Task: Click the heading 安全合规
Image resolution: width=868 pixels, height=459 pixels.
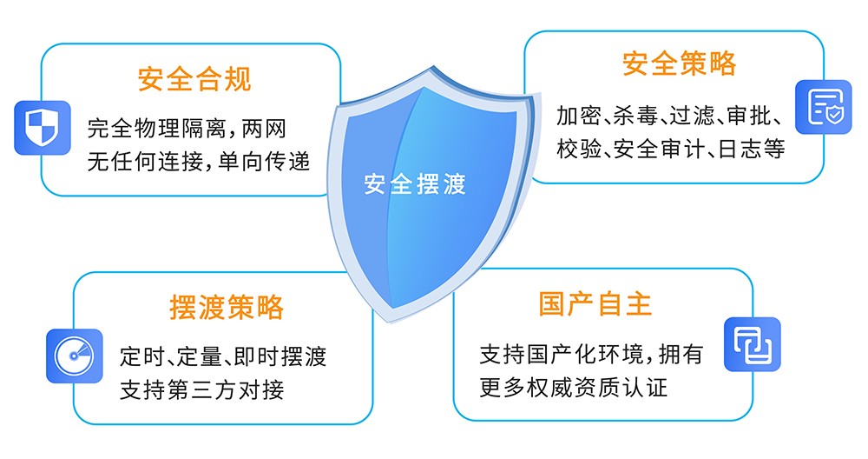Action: tap(194, 79)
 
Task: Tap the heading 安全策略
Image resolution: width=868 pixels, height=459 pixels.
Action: tap(679, 63)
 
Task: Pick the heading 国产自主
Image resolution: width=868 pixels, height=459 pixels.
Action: tap(595, 303)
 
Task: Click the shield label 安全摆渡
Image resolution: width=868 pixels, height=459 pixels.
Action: tap(414, 184)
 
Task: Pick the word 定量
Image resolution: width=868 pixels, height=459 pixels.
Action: tap(195, 356)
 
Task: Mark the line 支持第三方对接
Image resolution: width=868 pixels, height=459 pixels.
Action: tap(201, 389)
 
